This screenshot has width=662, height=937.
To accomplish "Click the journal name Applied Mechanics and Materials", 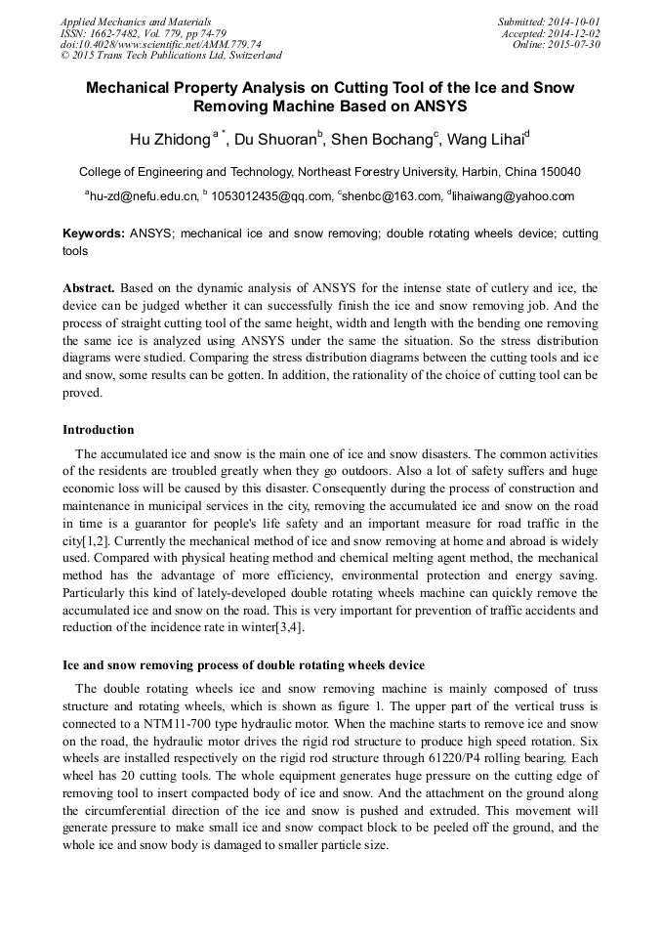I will (136, 21).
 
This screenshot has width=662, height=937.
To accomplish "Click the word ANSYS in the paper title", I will (436, 106).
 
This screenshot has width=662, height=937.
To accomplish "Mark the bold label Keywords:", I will (94, 234).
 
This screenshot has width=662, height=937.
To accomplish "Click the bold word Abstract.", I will (90, 289).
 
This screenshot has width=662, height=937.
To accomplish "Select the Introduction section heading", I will (99, 430).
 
